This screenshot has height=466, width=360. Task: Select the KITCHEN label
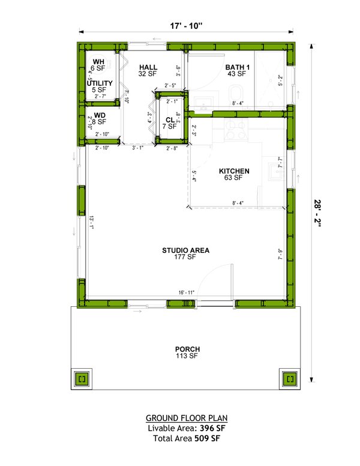(x=234, y=171)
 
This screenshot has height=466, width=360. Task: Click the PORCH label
(x=187, y=349)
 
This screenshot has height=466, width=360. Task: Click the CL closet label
(x=170, y=120)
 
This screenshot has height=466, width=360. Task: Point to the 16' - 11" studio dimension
(x=186, y=292)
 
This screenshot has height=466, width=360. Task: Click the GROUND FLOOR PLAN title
(x=187, y=418)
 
